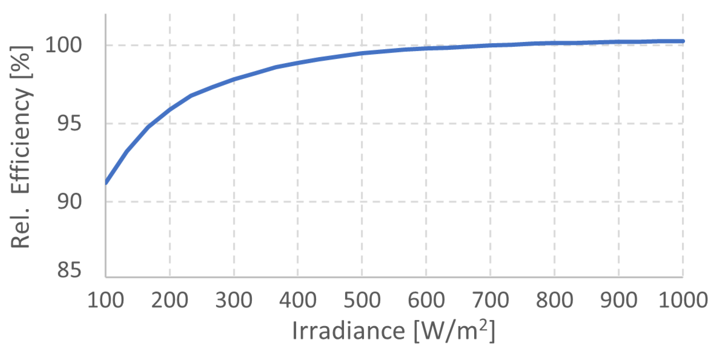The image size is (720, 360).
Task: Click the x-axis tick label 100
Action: [105, 300]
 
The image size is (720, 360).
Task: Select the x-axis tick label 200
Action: [169, 300]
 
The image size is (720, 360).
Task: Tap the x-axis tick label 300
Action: [234, 300]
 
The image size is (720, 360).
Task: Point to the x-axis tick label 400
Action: [298, 300]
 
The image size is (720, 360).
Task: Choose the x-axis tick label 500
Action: [362, 300]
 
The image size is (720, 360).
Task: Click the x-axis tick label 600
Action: [426, 300]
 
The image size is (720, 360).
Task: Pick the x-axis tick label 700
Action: [490, 300]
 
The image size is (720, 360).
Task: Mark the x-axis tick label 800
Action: [555, 300]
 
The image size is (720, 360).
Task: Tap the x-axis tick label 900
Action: [619, 300]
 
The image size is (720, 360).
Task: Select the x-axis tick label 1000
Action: [683, 300]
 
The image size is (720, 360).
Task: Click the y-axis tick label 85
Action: [69, 270]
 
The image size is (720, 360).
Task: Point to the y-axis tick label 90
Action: [69, 202]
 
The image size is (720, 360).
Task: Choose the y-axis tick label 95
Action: [69, 123]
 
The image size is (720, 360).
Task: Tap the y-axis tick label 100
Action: [63, 45]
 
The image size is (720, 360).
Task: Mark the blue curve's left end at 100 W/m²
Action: [106, 183]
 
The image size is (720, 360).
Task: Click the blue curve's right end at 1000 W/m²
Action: [682, 41]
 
